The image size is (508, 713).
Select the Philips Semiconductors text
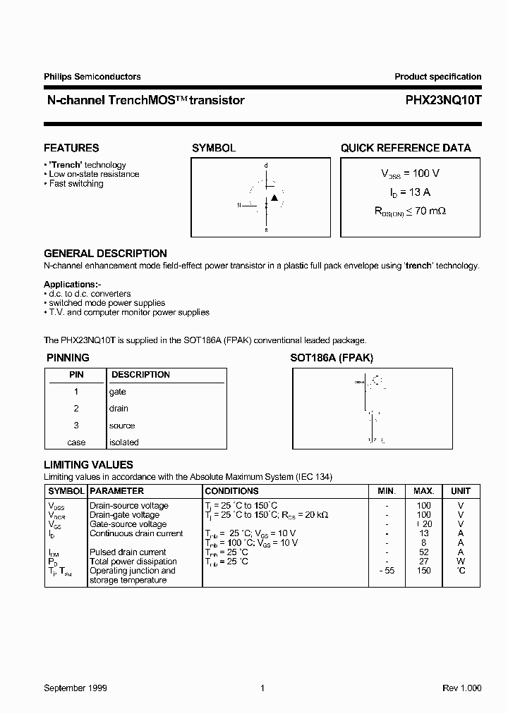pos(92,77)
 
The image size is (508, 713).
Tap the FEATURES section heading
pos(71,148)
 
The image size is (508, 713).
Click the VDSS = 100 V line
pos(411,173)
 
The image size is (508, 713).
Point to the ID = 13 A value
pos(411,192)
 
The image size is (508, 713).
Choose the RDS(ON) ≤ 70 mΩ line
pos(410,210)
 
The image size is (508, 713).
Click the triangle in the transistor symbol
pos(275,198)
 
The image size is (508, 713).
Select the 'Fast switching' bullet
pos(75,184)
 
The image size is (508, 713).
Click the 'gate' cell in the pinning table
pos(118,392)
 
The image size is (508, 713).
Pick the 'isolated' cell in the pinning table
pos(124,442)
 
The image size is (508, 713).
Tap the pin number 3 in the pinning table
pos(76,426)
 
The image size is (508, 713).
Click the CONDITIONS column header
pos(231,491)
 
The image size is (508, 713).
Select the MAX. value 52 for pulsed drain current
pos(423,552)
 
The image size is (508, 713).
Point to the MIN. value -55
pos(387,571)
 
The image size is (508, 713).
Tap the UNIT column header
pos(461,491)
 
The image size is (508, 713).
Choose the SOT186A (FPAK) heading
pos(332,358)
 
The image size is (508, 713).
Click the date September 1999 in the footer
pos(75,688)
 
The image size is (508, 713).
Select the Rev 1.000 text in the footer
pos(461,688)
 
